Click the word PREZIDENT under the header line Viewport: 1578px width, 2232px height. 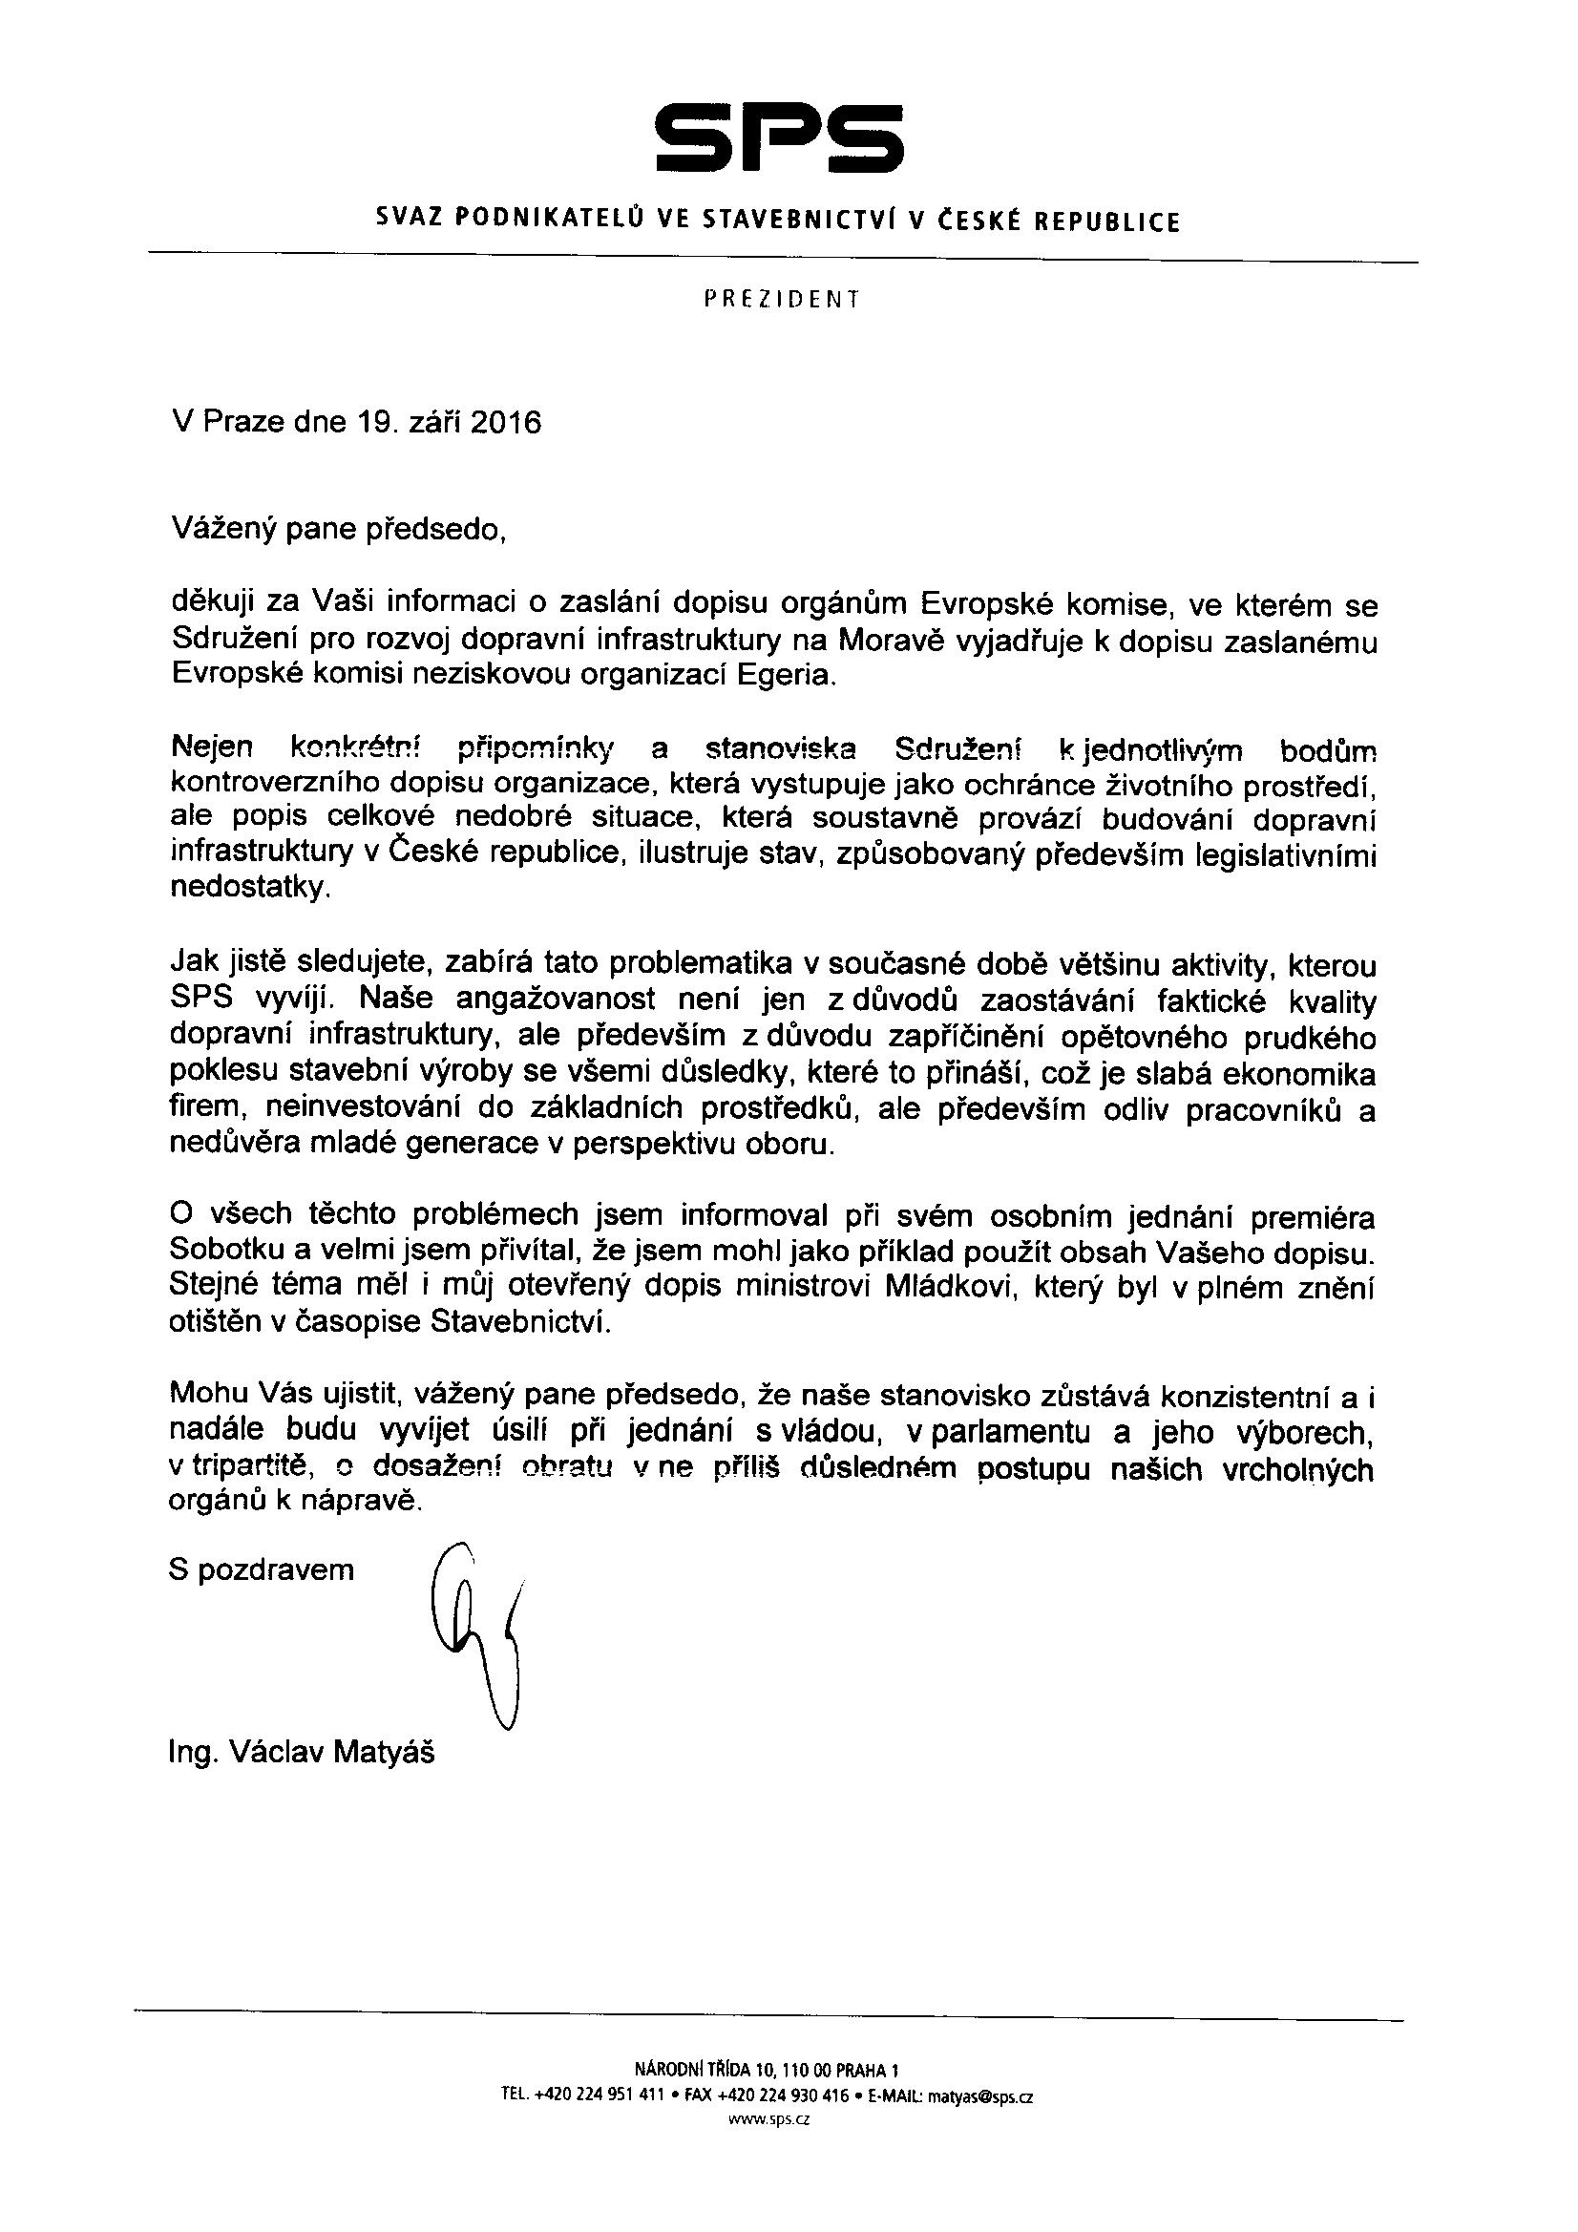[x=781, y=300]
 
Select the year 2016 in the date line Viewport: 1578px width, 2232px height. [x=505, y=424]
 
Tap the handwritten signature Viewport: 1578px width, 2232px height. [x=481, y=1633]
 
